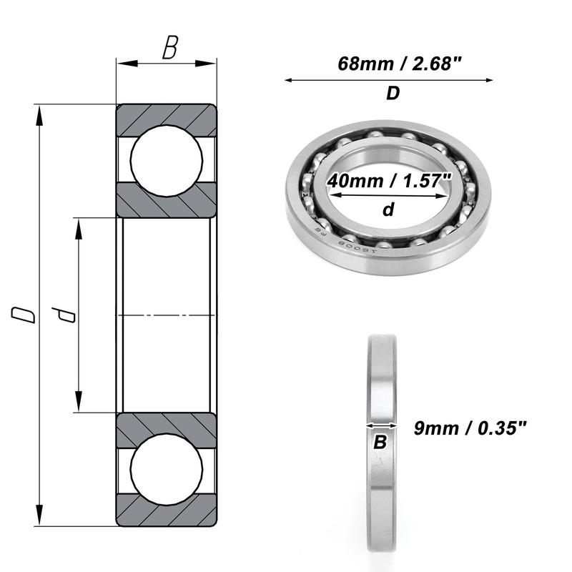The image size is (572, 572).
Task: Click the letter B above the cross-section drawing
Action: point(169,49)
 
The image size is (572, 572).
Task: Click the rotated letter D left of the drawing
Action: point(26,315)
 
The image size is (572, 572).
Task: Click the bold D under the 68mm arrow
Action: point(393,94)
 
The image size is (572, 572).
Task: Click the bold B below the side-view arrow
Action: point(380,443)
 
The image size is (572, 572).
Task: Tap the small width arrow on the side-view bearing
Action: point(380,425)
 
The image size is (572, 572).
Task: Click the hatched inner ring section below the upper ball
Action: point(166,200)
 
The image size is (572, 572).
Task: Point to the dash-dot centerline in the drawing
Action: point(166,315)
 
